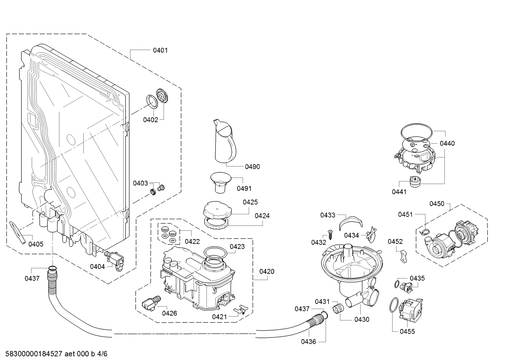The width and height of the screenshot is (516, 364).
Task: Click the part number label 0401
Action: (x=160, y=50)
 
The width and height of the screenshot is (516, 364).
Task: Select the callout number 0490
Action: (x=252, y=166)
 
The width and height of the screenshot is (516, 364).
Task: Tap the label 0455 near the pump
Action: (x=407, y=331)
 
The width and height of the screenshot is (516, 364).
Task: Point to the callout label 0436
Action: (x=308, y=342)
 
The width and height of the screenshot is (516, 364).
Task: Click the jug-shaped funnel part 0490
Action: (x=225, y=141)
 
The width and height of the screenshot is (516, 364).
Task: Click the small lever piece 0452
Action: (x=403, y=255)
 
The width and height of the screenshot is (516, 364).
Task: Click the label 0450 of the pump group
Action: (x=437, y=204)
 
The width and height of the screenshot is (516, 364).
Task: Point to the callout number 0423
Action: (x=237, y=246)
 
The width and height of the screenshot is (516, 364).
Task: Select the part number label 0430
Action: (x=361, y=320)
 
